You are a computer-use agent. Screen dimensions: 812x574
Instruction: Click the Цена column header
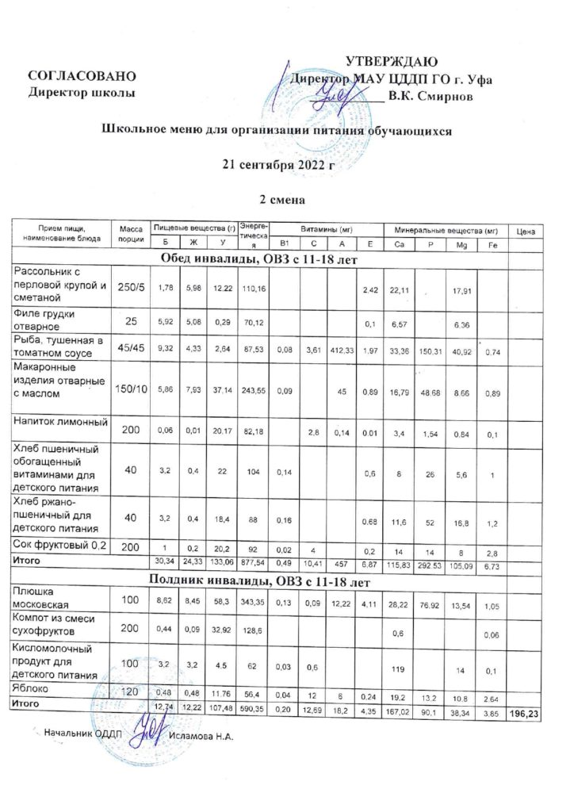click(x=526, y=231)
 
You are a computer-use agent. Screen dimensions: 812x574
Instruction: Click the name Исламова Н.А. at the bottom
click(x=202, y=736)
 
